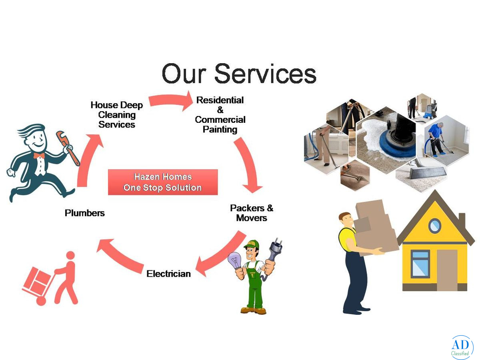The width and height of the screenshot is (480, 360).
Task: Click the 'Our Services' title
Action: pyautogui.click(x=239, y=73)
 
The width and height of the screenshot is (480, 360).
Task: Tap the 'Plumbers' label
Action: pyautogui.click(x=85, y=213)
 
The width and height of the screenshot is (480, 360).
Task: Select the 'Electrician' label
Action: pyautogui.click(x=169, y=274)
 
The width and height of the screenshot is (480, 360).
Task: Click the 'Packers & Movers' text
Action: pyautogui.click(x=252, y=213)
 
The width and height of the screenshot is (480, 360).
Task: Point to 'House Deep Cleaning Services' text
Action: pyautogui.click(x=117, y=114)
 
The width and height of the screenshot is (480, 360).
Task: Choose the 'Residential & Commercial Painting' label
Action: pyautogui.click(x=220, y=115)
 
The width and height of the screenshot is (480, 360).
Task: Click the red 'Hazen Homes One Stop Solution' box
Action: pyautogui.click(x=163, y=182)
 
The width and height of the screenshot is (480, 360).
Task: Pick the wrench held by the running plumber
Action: pyautogui.click(x=67, y=148)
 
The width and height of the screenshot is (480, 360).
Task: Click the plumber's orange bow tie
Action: pyautogui.click(x=39, y=156)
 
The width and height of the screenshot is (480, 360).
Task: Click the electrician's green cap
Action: pyautogui.click(x=252, y=244)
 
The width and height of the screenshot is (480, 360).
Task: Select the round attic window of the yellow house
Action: pyautogui.click(x=434, y=226)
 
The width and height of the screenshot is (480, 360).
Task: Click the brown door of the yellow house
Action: pyautogui.click(x=447, y=270)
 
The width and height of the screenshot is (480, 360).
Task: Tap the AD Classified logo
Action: pyautogui.click(x=462, y=347)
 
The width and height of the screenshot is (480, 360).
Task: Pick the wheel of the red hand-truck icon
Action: pyautogui.click(x=41, y=301)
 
